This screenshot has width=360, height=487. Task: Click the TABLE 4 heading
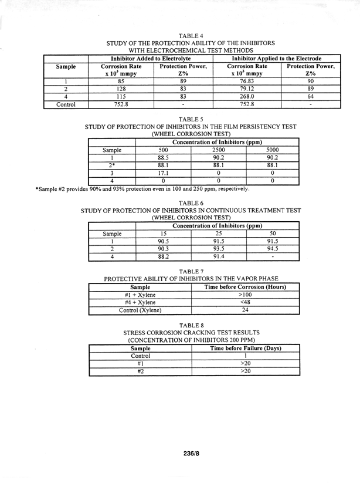[x=190, y=36]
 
